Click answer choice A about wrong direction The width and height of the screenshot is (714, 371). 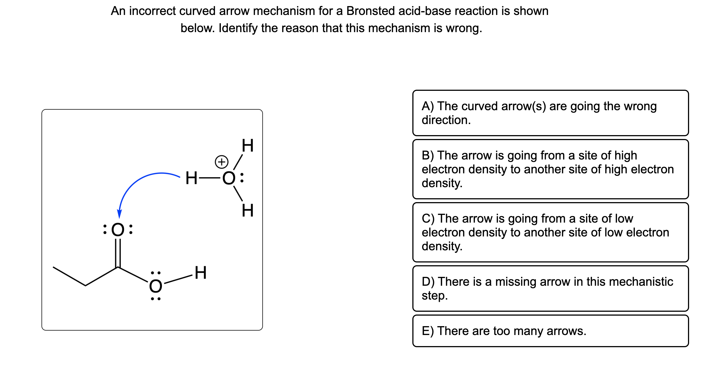click(x=550, y=113)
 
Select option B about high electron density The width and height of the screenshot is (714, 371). click(x=550, y=169)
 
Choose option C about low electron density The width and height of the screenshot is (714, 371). click(x=550, y=232)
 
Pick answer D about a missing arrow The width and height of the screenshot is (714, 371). click(x=550, y=288)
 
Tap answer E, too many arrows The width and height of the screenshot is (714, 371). click(x=550, y=331)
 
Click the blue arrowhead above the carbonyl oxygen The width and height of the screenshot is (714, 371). click(x=120, y=214)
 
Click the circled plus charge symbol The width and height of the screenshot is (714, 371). click(x=221, y=162)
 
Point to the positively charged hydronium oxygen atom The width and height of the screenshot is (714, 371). click(x=229, y=178)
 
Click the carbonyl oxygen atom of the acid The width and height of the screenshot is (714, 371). click(x=118, y=230)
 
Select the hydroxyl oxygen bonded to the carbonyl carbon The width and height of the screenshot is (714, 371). click(x=156, y=286)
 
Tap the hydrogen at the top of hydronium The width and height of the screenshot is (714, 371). click(x=247, y=146)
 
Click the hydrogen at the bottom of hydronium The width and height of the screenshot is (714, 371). click(x=247, y=211)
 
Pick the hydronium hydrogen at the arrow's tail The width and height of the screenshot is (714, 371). click(x=191, y=178)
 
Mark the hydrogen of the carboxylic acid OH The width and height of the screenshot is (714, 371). click(x=201, y=273)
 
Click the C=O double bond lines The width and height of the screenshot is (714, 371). click(x=118, y=252)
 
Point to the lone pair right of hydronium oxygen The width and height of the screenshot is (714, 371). click(x=242, y=178)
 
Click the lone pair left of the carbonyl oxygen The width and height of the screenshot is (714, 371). click(x=105, y=230)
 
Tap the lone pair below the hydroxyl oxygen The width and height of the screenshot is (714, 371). click(x=156, y=299)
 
